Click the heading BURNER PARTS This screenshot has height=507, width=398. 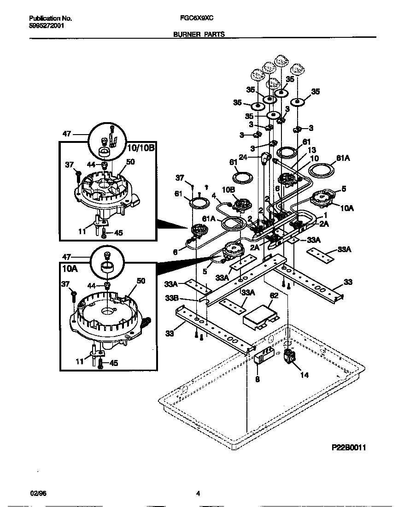point(199,34)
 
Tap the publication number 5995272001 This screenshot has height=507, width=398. point(47,26)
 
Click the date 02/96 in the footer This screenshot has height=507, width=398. point(35,494)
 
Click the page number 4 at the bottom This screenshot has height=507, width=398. point(198,494)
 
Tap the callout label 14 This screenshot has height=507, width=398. point(304,375)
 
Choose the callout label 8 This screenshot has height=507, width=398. point(257,379)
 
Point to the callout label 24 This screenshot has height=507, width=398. point(256,156)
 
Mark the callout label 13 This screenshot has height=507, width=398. point(312,150)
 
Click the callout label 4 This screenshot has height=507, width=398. point(213,195)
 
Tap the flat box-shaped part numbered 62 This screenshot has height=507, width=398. point(258,317)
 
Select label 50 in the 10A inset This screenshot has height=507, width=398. point(140,280)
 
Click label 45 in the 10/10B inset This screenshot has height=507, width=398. point(118,233)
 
